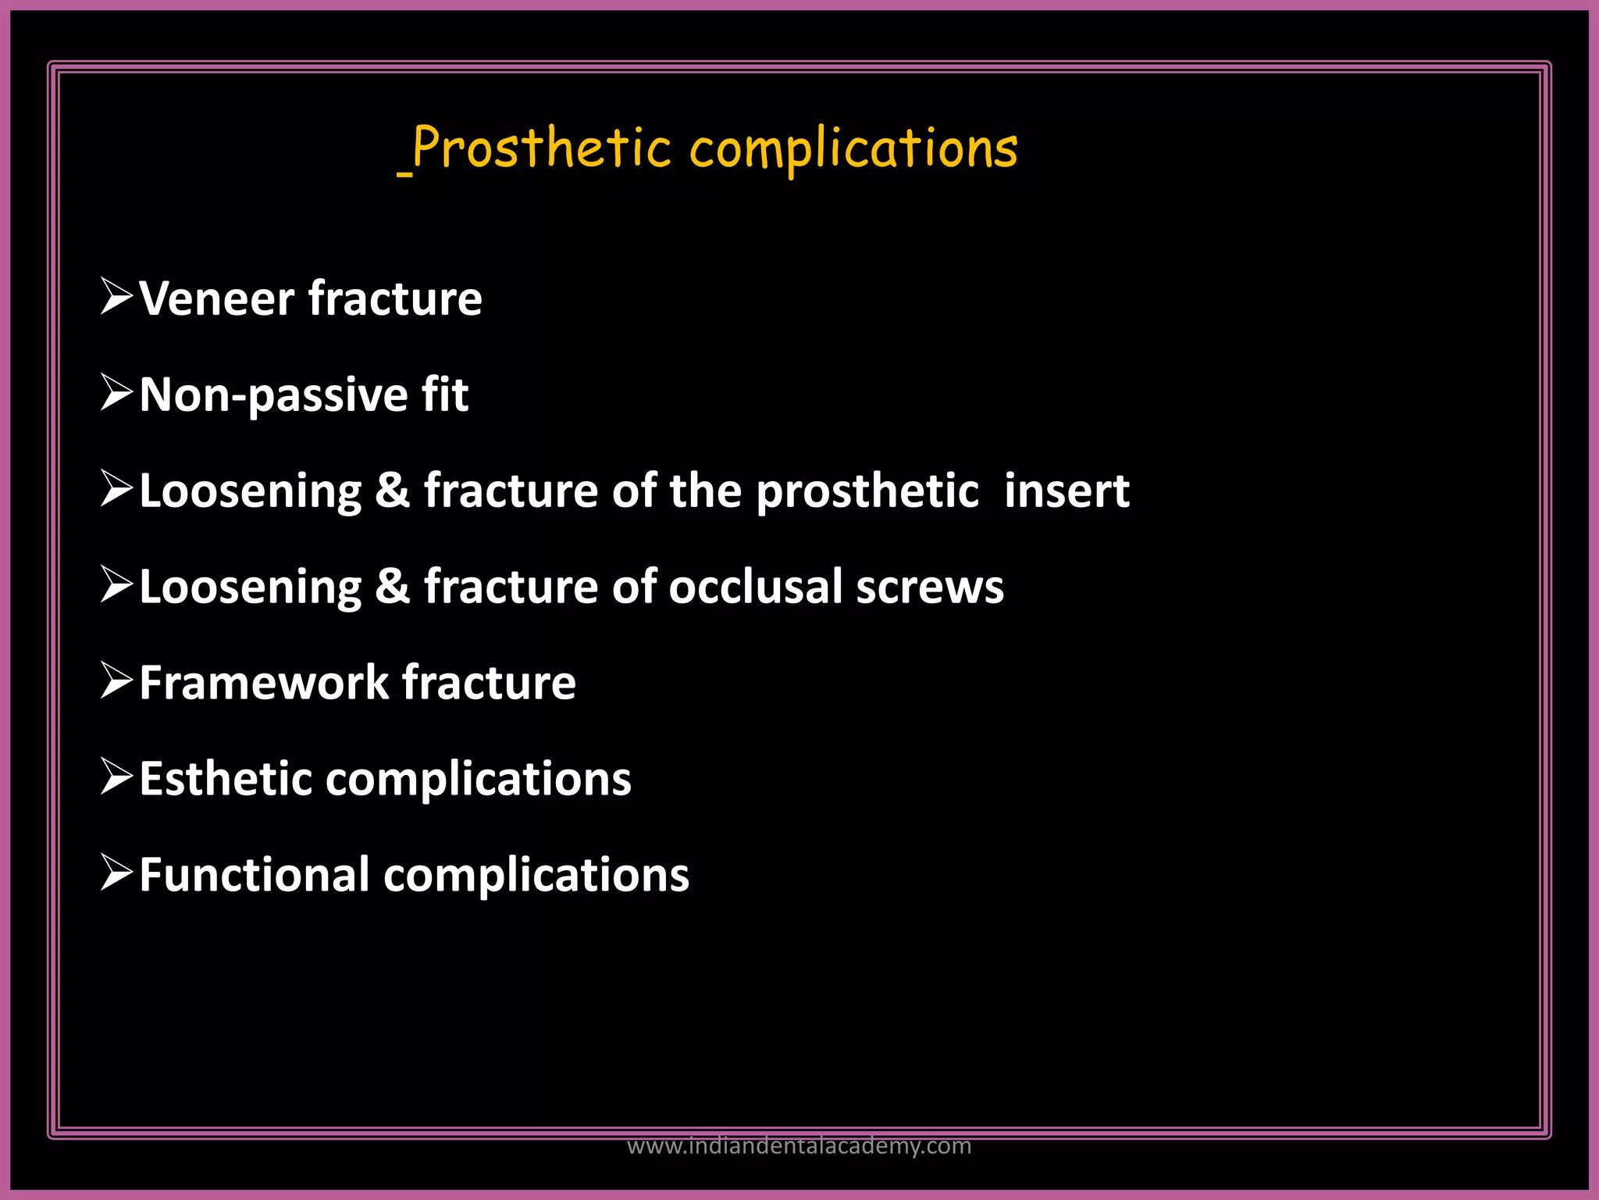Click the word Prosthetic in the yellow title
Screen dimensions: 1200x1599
point(541,148)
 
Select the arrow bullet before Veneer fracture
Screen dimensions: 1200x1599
point(117,297)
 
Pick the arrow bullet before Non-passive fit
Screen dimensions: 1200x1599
point(117,393)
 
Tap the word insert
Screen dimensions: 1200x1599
point(1067,491)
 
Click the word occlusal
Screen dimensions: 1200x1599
point(755,587)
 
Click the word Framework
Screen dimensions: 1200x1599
point(264,683)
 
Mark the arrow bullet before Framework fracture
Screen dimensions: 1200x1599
point(117,680)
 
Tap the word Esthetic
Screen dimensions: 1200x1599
point(226,779)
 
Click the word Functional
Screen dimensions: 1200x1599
point(255,875)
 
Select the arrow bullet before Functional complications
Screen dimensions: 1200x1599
point(117,873)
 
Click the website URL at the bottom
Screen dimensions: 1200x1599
point(799,1146)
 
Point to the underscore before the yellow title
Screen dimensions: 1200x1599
point(404,173)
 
